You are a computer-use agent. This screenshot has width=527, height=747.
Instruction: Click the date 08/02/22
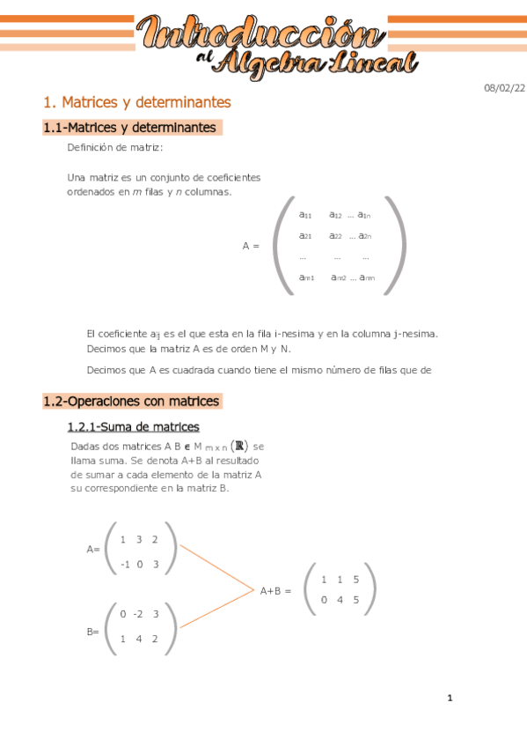(505, 87)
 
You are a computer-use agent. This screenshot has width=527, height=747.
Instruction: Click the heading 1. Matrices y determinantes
(136, 102)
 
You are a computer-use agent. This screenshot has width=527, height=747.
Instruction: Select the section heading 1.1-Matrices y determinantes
(129, 128)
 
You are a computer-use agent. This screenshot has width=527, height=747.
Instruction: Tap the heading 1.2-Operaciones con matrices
(131, 401)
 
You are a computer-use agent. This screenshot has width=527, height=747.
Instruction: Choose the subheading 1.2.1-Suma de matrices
(133, 427)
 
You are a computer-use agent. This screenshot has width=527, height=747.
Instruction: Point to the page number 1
(450, 699)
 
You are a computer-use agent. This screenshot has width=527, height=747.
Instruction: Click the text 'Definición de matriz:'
(115, 147)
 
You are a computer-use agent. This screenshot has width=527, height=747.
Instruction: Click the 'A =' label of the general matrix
(251, 246)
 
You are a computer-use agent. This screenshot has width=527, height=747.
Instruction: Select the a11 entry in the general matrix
(305, 215)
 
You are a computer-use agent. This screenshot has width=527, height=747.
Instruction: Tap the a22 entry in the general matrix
(335, 235)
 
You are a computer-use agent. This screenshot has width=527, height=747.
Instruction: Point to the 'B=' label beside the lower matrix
(92, 632)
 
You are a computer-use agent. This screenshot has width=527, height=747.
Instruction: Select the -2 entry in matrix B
(138, 614)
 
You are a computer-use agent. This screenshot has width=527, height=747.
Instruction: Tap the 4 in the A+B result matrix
(340, 600)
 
